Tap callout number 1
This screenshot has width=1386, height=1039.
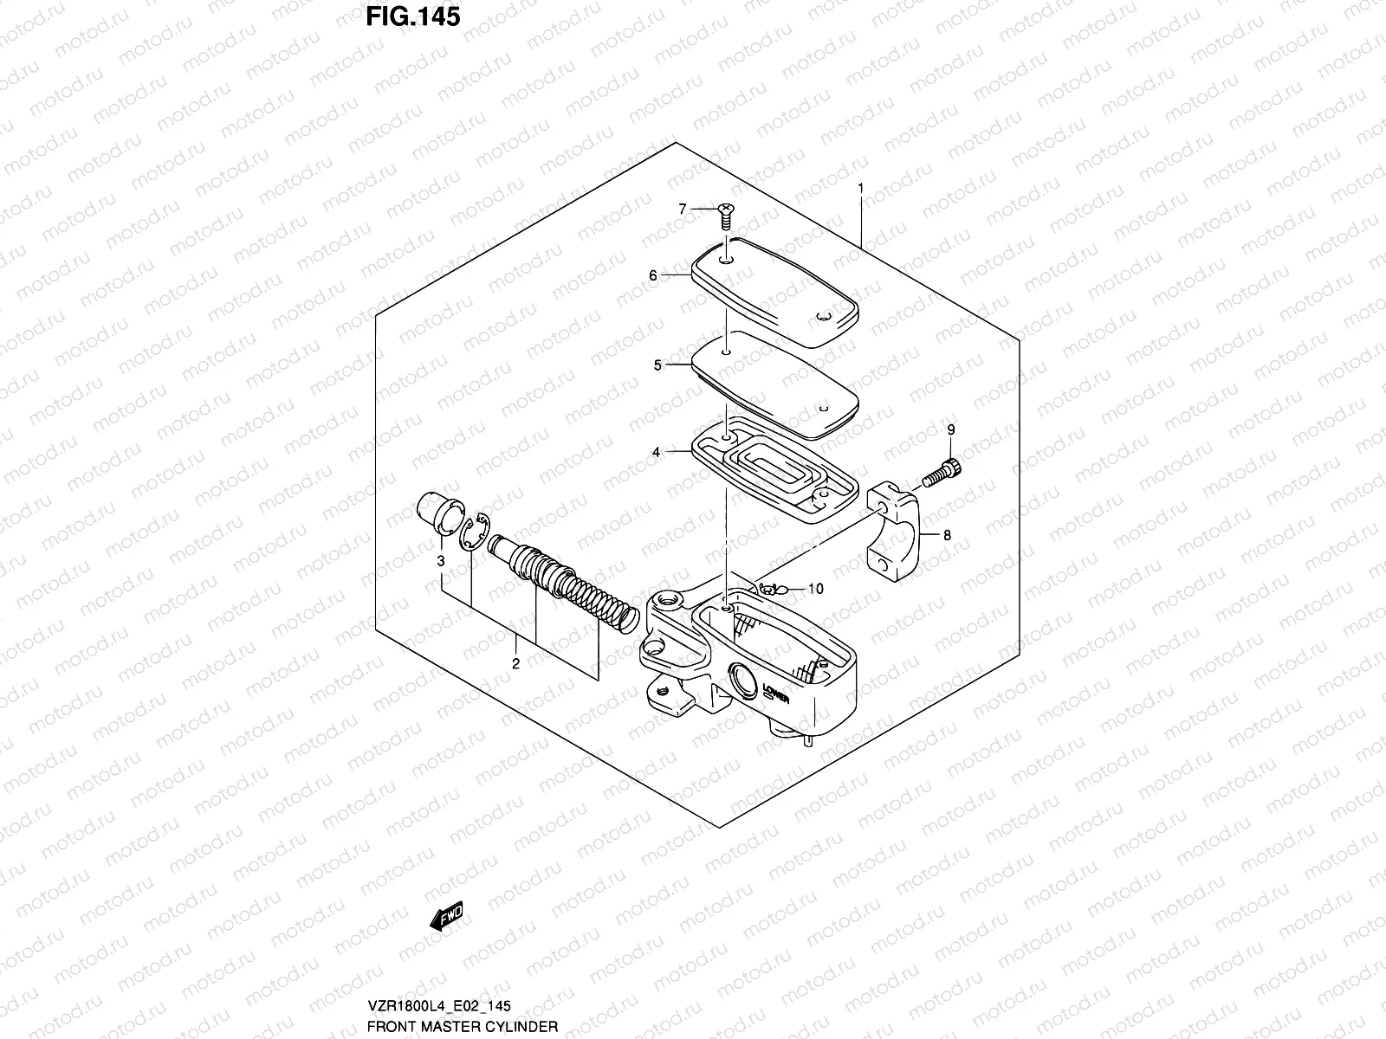point(861,187)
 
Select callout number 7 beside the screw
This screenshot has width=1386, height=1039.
point(682,209)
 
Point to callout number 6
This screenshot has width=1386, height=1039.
point(653,275)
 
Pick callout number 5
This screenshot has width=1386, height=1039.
point(657,365)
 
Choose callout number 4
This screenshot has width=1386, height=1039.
point(657,452)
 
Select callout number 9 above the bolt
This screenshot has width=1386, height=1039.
point(949,430)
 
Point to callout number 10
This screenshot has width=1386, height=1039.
point(815,589)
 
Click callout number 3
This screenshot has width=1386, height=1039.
point(440,562)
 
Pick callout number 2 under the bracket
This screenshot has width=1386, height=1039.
point(515,664)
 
